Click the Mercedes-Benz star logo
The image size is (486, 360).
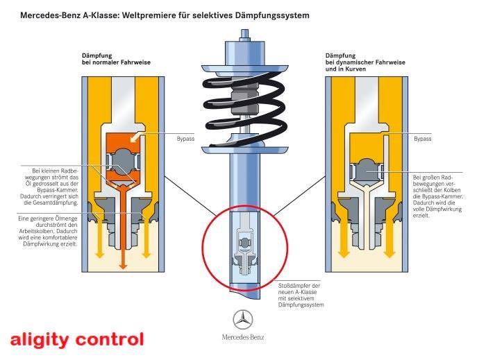(242, 320)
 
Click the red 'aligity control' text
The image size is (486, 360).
(77, 340)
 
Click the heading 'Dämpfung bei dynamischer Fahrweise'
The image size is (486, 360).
(360, 59)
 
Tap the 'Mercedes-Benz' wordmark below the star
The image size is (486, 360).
(242, 338)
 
